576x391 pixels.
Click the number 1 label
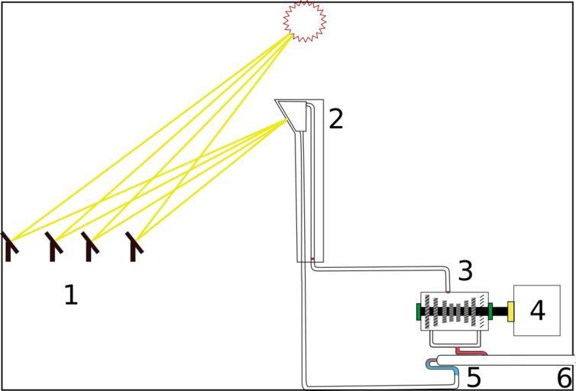[x=70, y=294]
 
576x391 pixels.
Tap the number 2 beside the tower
[x=335, y=118]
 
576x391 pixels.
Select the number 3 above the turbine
[x=465, y=270]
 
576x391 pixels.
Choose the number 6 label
[x=564, y=377]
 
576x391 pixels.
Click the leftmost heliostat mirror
[x=9, y=246]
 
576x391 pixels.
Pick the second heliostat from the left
[x=52, y=246]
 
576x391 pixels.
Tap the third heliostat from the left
[x=90, y=246]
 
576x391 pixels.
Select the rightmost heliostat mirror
[x=134, y=246]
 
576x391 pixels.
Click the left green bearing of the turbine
[x=419, y=312]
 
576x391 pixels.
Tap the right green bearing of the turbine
[x=490, y=312]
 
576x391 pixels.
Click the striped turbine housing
[x=455, y=312]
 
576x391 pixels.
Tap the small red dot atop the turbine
[x=448, y=292]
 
